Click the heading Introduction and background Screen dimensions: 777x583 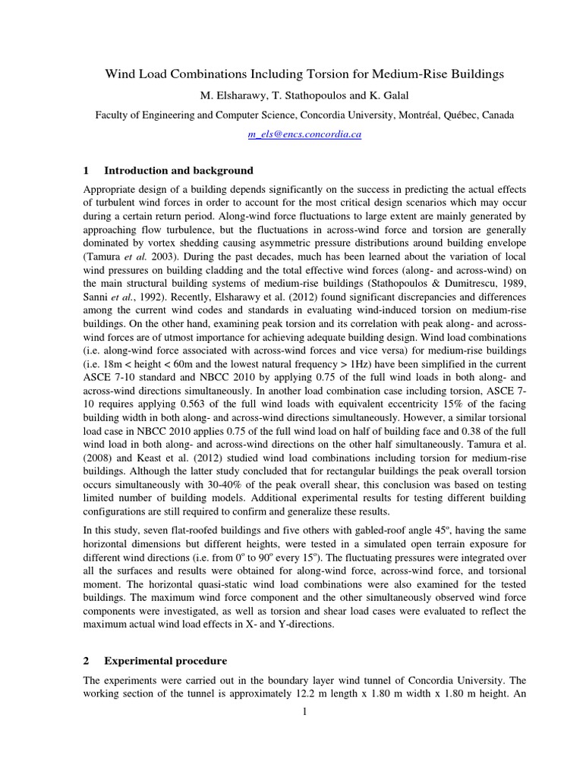point(178,170)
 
